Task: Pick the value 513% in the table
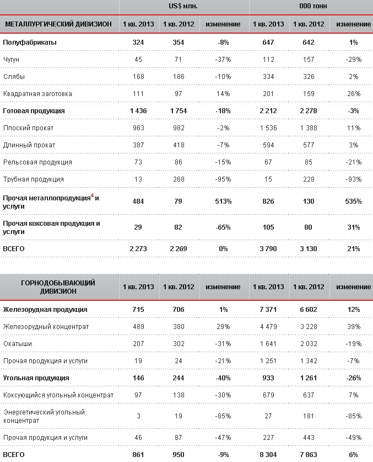coord(223,201)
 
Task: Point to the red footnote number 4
coord(92,195)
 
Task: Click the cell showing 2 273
coord(138,249)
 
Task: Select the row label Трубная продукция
coord(33,179)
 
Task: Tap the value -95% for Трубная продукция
coord(223,179)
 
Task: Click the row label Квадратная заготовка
coord(37,94)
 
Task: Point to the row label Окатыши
coord(17,344)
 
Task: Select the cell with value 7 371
coord(268,310)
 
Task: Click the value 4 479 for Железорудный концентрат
coord(268,327)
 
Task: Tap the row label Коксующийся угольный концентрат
coord(58,395)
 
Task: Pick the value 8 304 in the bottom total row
coord(268,455)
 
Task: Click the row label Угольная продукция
coord(36,378)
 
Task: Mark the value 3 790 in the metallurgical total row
coord(268,249)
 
